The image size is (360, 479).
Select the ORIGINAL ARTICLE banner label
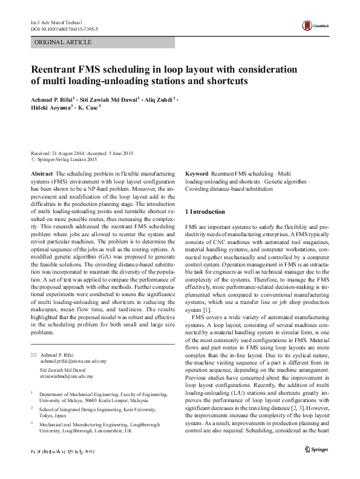64,42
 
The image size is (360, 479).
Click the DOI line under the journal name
65,29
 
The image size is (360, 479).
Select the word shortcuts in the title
224,81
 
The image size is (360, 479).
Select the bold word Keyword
197,173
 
